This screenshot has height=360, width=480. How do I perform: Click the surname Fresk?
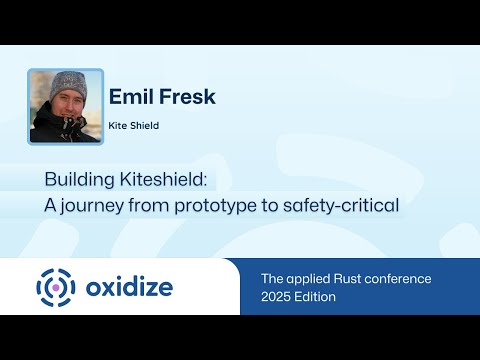[x=188, y=97]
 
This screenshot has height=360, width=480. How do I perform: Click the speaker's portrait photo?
[x=66, y=107]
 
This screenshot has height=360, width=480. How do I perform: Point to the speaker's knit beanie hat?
[x=66, y=83]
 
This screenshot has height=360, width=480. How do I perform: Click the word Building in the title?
[x=74, y=181]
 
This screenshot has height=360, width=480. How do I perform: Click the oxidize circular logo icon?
[x=56, y=288]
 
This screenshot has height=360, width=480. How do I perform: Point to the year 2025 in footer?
[x=277, y=297]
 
